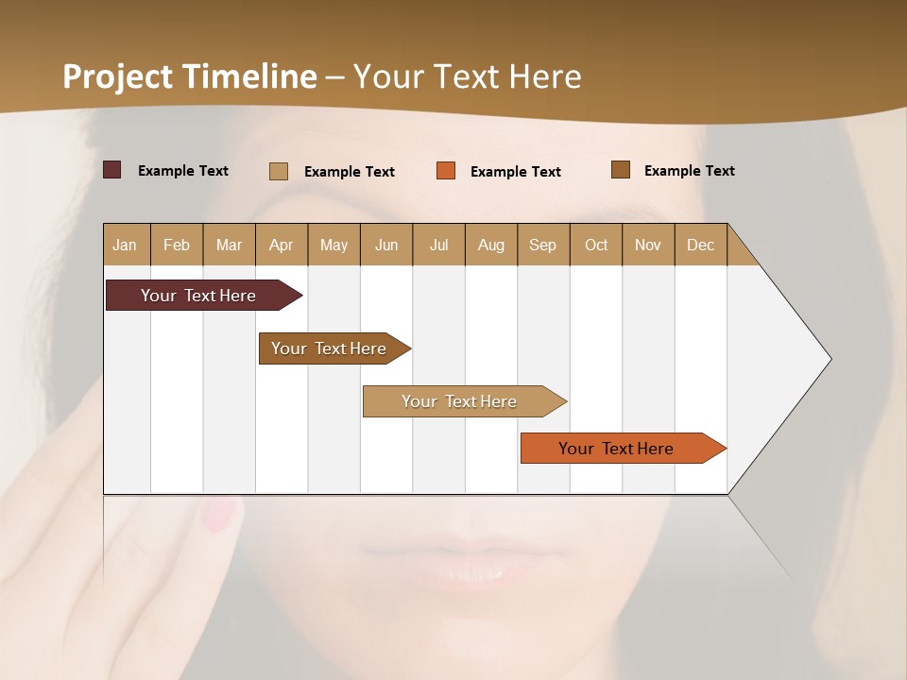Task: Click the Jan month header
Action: (x=125, y=246)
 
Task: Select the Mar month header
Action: (x=229, y=246)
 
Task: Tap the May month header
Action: (x=334, y=246)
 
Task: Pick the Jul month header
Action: (x=438, y=246)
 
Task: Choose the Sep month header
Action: (x=542, y=246)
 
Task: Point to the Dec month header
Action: (x=700, y=246)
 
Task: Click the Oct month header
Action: (x=596, y=246)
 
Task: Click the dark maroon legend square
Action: (x=111, y=170)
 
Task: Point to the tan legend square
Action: (x=278, y=171)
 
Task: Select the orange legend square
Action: (x=446, y=170)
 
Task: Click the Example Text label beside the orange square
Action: (x=515, y=172)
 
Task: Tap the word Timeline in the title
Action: (x=250, y=76)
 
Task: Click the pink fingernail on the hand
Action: (x=220, y=513)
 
